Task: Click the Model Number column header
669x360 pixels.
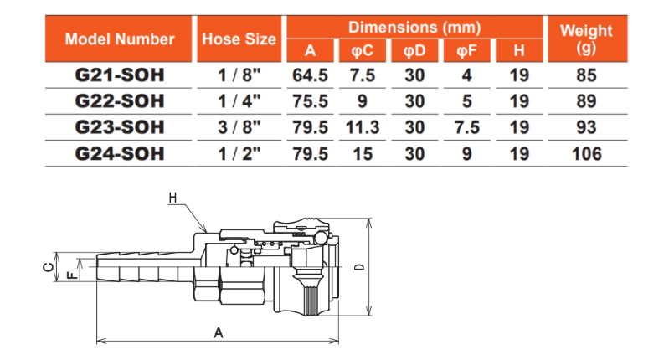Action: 120,39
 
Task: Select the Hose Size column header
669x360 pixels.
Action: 239,39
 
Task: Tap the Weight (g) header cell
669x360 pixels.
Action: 587,39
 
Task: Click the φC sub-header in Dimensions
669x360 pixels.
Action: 363,51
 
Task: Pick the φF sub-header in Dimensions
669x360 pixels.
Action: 466,51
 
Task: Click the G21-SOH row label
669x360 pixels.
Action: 120,75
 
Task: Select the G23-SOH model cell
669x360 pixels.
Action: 120,127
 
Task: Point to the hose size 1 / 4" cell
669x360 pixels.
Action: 239,101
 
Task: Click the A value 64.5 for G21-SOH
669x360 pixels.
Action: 310,75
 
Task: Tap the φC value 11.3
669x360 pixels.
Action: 363,127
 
